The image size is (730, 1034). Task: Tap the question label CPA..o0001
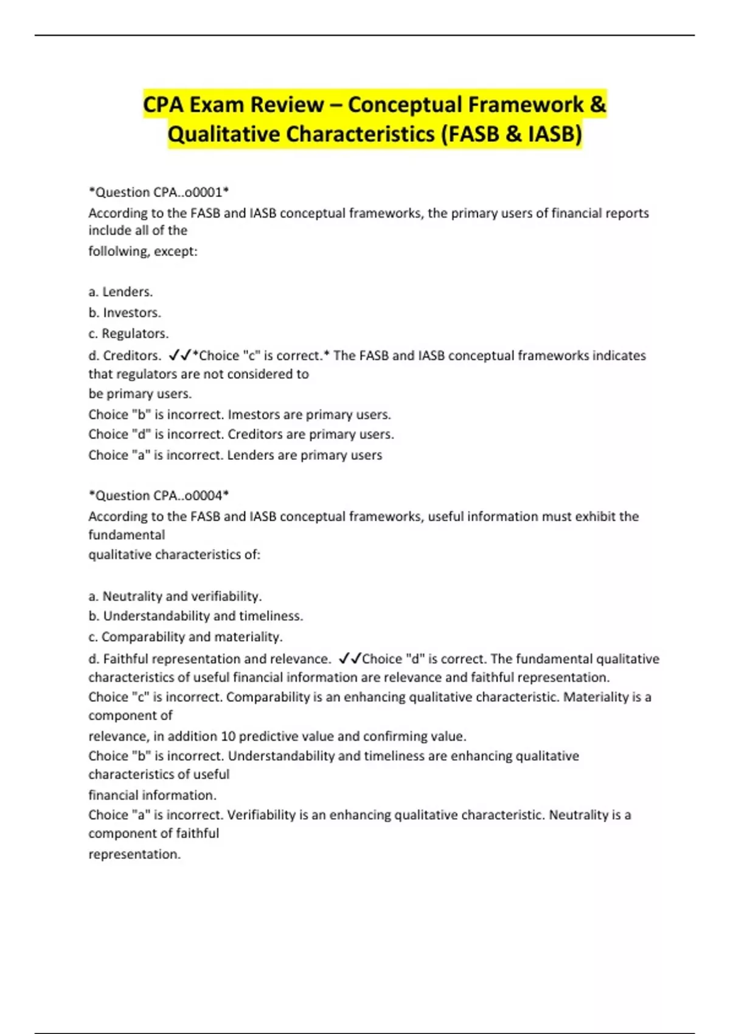tap(188, 192)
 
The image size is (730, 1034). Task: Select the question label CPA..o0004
tap(188, 496)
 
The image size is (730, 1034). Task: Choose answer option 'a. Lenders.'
tap(120, 292)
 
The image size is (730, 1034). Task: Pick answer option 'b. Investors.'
tap(125, 313)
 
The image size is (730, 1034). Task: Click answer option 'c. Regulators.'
tap(128, 333)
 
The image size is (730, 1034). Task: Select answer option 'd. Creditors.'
tap(125, 355)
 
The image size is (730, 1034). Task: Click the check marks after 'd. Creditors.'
tap(180, 355)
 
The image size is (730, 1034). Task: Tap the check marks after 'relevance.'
tap(350, 658)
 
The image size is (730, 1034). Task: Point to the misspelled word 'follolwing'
tap(117, 251)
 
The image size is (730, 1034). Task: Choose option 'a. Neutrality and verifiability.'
tap(175, 596)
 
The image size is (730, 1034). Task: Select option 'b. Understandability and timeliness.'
tap(195, 616)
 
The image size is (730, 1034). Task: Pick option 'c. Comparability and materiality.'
tap(186, 637)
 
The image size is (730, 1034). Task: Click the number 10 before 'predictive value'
tap(228, 737)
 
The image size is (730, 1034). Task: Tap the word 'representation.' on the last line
tap(134, 855)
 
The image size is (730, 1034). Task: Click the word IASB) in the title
tap(554, 134)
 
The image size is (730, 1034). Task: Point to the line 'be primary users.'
tap(140, 394)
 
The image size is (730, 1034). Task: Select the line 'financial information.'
tap(152, 796)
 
